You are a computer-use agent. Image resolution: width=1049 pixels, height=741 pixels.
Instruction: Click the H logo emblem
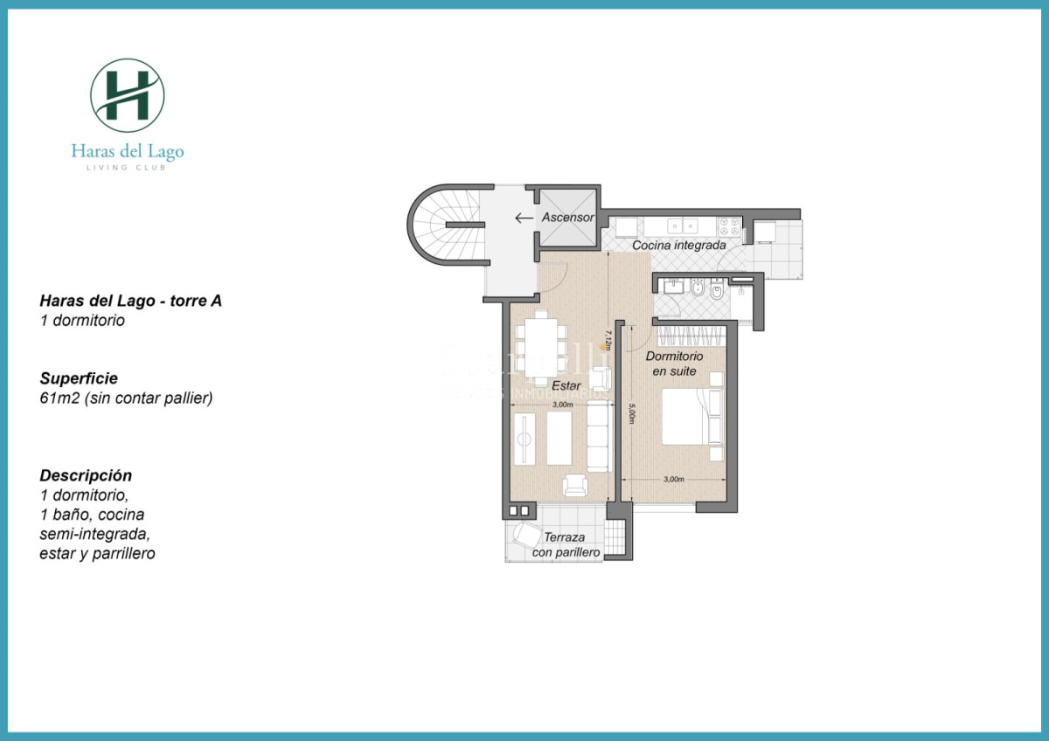coord(128,95)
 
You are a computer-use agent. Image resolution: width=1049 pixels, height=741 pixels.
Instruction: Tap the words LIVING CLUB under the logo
coord(128,167)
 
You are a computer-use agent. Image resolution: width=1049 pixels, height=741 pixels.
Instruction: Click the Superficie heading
coord(79,378)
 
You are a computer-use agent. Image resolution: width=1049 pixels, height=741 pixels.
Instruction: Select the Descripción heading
coord(86,475)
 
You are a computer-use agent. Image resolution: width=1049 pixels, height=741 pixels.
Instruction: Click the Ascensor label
coord(568,218)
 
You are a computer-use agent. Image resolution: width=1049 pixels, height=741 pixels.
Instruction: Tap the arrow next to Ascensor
coord(524,218)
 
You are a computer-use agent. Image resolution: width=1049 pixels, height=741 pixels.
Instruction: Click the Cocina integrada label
coord(679,246)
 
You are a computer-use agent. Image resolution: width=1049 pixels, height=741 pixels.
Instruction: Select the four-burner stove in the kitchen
coord(729,228)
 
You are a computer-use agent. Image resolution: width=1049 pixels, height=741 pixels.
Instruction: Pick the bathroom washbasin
coord(672,286)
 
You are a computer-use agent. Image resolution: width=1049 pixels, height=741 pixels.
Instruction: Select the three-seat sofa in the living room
coord(599,441)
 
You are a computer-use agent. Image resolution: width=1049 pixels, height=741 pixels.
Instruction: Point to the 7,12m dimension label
coord(607,339)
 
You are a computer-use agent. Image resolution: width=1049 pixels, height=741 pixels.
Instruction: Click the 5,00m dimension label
coord(631,412)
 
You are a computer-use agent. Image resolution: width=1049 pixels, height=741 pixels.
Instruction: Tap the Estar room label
coord(567,384)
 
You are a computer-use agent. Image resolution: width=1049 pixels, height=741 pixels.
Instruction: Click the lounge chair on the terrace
coord(527,535)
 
